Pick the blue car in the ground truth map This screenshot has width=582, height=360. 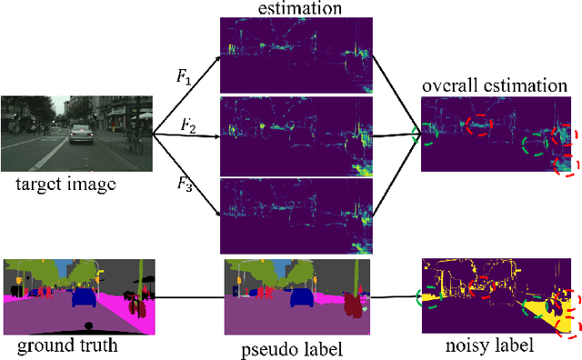(x=85, y=295)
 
